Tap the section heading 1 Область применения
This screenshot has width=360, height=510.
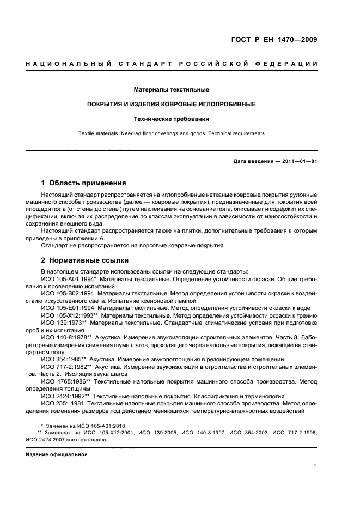[x=83, y=183]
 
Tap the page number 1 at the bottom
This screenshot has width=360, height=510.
[x=315, y=466]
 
